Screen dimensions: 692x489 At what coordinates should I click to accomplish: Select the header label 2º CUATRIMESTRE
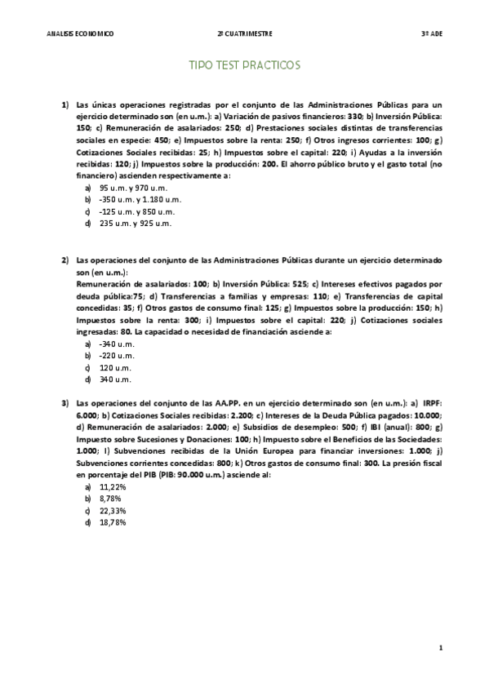[245, 33]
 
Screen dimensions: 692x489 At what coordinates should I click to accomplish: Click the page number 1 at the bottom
[439, 649]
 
